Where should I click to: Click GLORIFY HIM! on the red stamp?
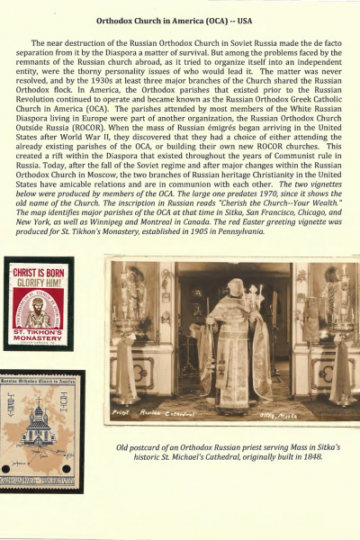click(x=39, y=302)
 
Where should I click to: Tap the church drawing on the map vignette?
click(x=39, y=423)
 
